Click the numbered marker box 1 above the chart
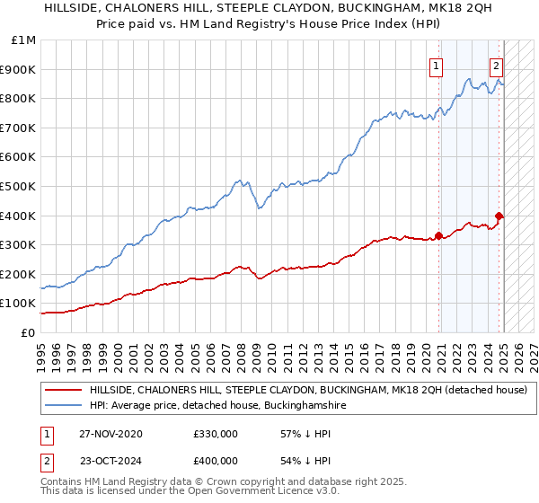click(x=437, y=65)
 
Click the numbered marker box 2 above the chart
click(x=496, y=65)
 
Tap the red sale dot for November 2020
click(x=438, y=236)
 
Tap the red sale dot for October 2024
click(x=499, y=216)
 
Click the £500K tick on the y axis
click(x=20, y=187)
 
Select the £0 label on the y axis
click(x=28, y=333)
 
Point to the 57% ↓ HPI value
click(x=298, y=434)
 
